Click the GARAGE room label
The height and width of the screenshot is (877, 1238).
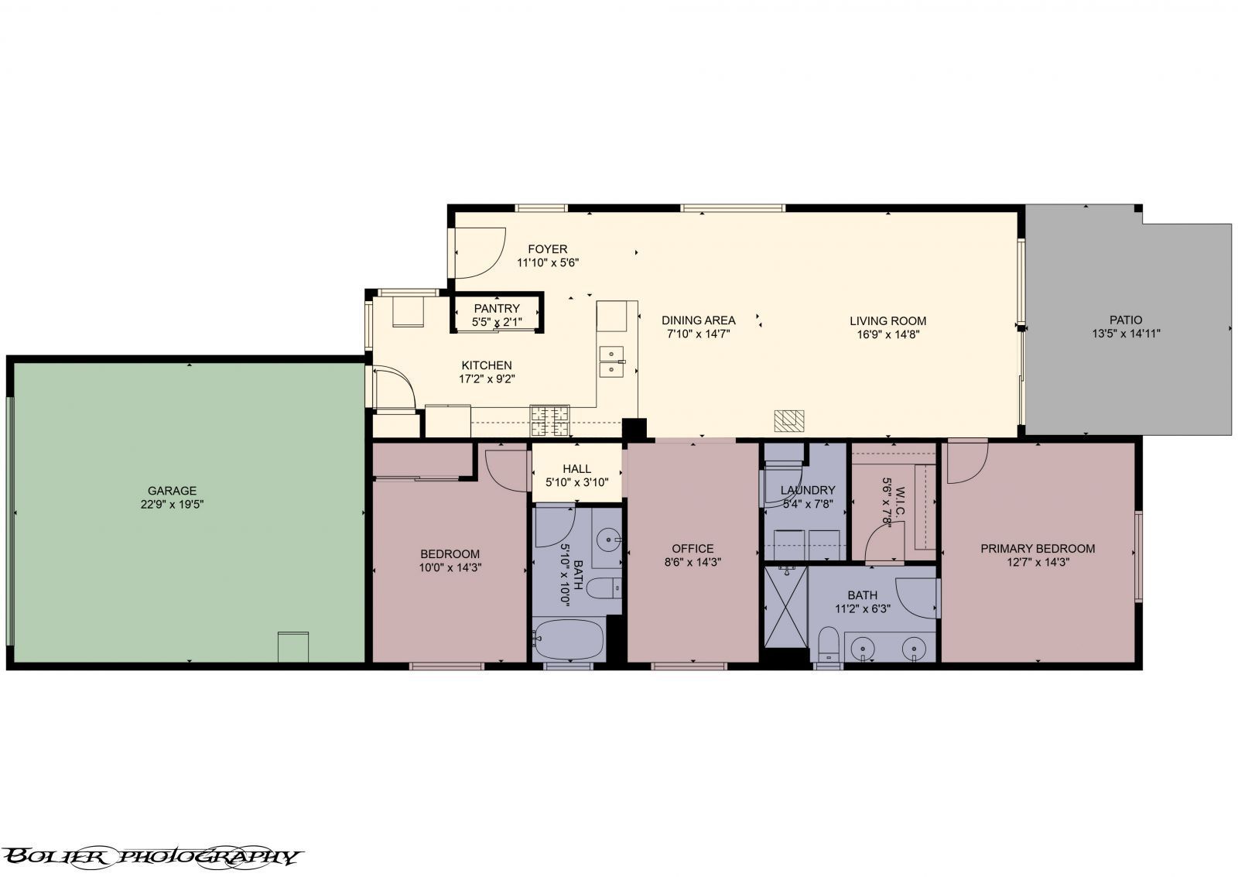click(x=172, y=491)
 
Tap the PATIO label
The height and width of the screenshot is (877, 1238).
click(x=1126, y=320)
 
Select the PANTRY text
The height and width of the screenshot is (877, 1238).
click(x=497, y=308)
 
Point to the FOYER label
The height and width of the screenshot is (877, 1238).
click(x=548, y=248)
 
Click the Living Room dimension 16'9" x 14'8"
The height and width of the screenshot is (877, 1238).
click(x=888, y=334)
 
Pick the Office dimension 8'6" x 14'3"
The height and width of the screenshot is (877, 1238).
click(x=693, y=563)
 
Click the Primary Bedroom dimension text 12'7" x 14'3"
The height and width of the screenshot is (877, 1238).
click(x=1038, y=563)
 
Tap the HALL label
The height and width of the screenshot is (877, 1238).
click(x=577, y=469)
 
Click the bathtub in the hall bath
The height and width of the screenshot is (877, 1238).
click(x=569, y=640)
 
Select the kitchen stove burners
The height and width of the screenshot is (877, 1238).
click(x=550, y=421)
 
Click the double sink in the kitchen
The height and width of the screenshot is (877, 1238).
click(x=612, y=361)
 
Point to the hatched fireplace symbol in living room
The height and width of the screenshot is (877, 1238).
click(x=788, y=420)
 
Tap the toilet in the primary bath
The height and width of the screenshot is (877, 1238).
click(x=829, y=644)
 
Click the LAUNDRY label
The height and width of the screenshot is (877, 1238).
click(x=808, y=490)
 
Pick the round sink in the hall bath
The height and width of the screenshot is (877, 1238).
click(x=609, y=537)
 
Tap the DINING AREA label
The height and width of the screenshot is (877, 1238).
click(x=699, y=320)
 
